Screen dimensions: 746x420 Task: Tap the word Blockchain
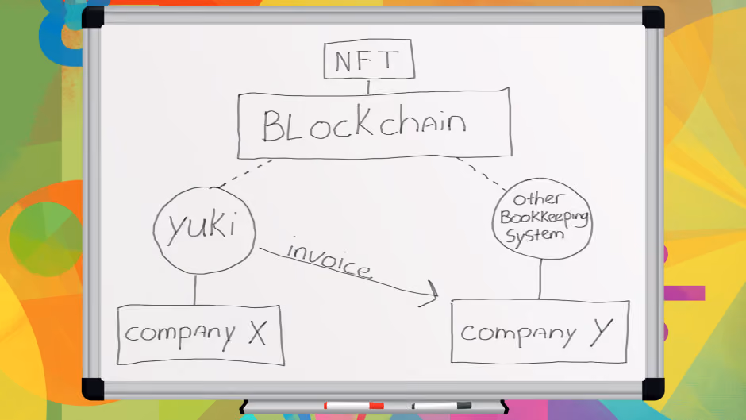coord(364,124)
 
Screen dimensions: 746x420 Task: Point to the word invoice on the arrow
coord(329,259)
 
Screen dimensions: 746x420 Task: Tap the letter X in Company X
coord(258,333)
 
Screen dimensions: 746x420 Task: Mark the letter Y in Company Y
coord(602,331)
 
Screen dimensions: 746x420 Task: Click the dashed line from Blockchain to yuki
coord(242,175)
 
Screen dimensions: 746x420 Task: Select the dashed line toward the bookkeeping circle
coord(480,174)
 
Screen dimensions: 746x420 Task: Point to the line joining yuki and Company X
coord(195,290)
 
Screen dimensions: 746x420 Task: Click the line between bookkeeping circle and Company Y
coord(540,279)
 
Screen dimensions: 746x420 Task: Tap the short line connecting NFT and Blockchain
coord(368,87)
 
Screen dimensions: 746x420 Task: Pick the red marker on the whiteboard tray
coord(354,406)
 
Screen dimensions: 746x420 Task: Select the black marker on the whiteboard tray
coord(441,406)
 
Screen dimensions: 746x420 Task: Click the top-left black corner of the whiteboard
coord(93,17)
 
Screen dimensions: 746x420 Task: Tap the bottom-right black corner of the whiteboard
coord(653,388)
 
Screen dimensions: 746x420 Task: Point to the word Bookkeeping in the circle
coord(544,217)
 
